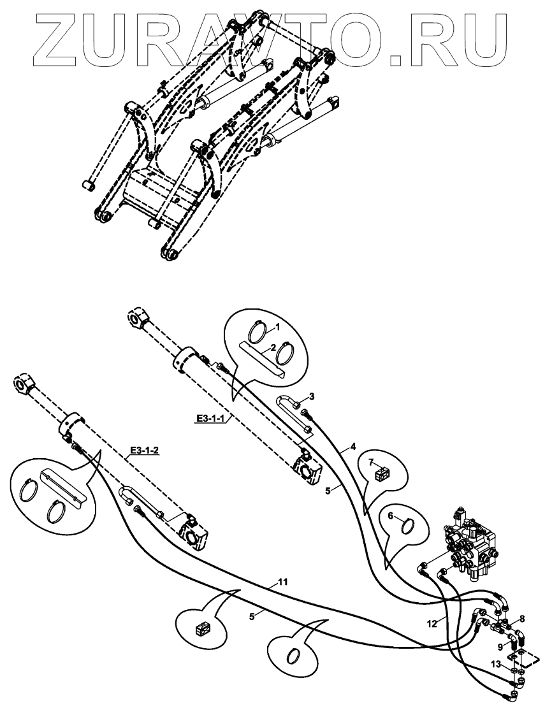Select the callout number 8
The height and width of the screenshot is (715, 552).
pos(522,617)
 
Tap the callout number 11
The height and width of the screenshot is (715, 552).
pos(282,582)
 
